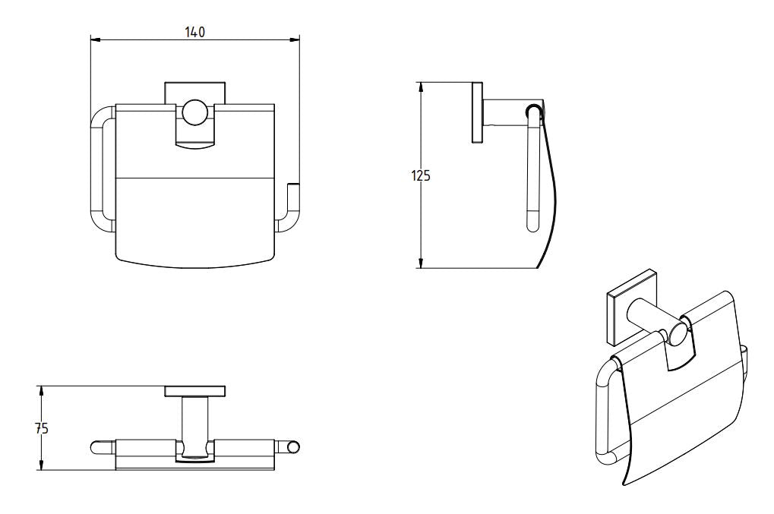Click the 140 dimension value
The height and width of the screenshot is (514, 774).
point(195,31)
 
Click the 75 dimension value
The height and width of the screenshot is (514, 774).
point(42,428)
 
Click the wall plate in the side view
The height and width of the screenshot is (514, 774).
point(478,112)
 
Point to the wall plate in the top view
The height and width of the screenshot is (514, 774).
point(195,391)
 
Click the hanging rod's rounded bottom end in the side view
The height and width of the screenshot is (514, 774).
point(532,225)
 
